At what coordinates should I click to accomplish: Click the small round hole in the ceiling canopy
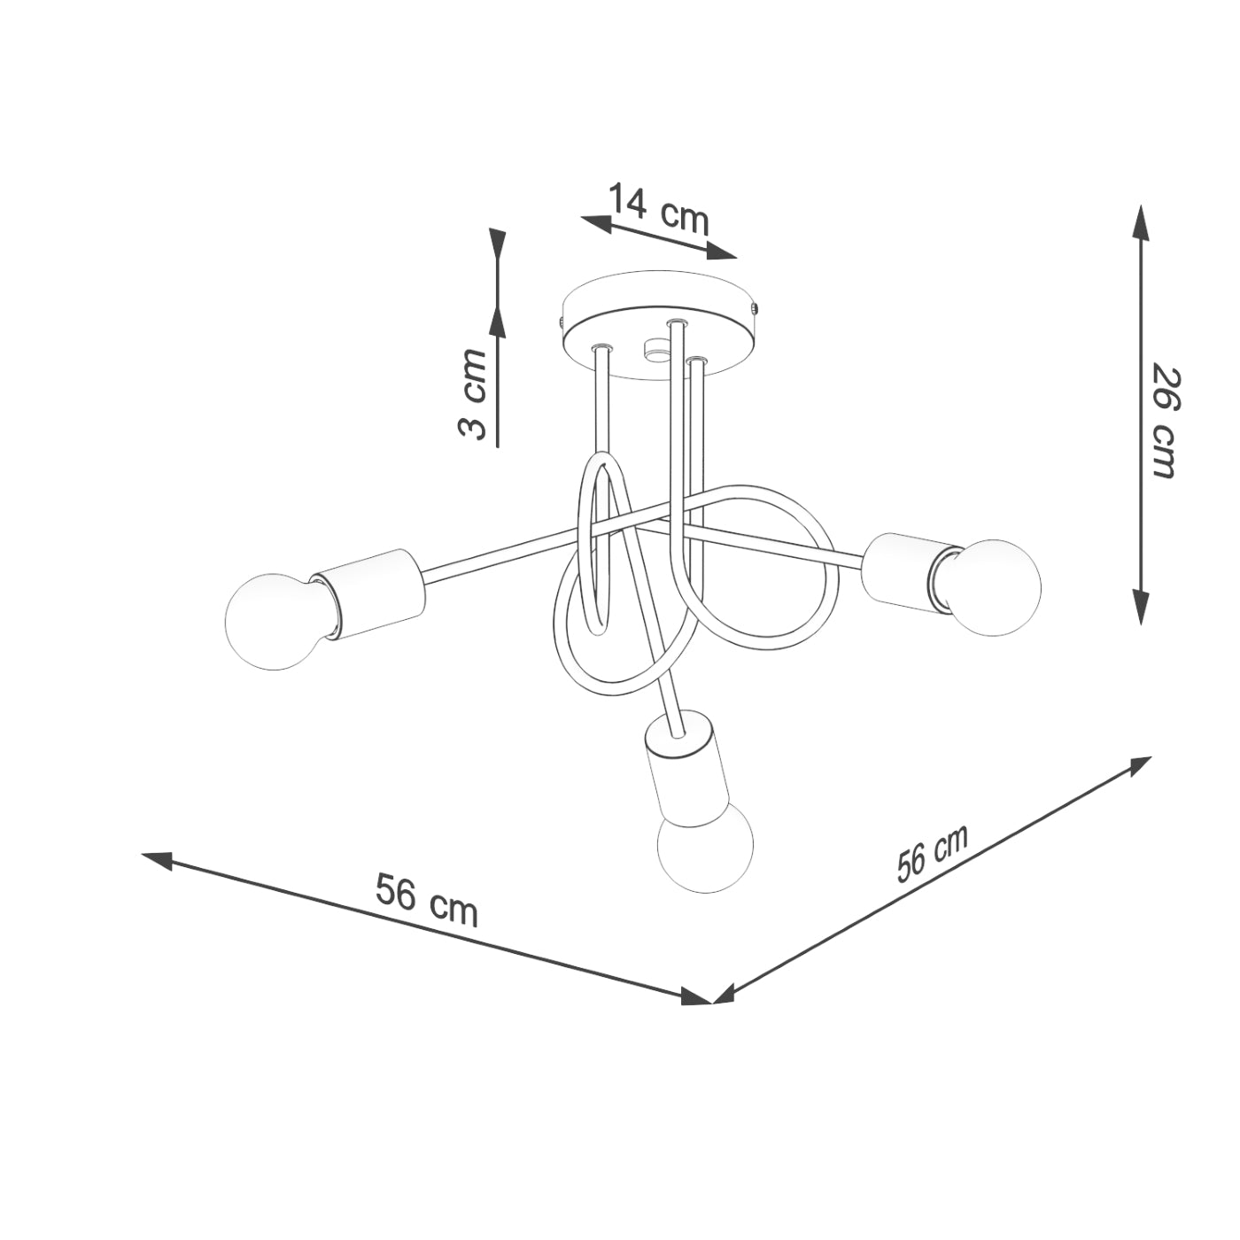coord(657,350)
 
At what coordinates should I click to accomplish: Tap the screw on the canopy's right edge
coord(754,309)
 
